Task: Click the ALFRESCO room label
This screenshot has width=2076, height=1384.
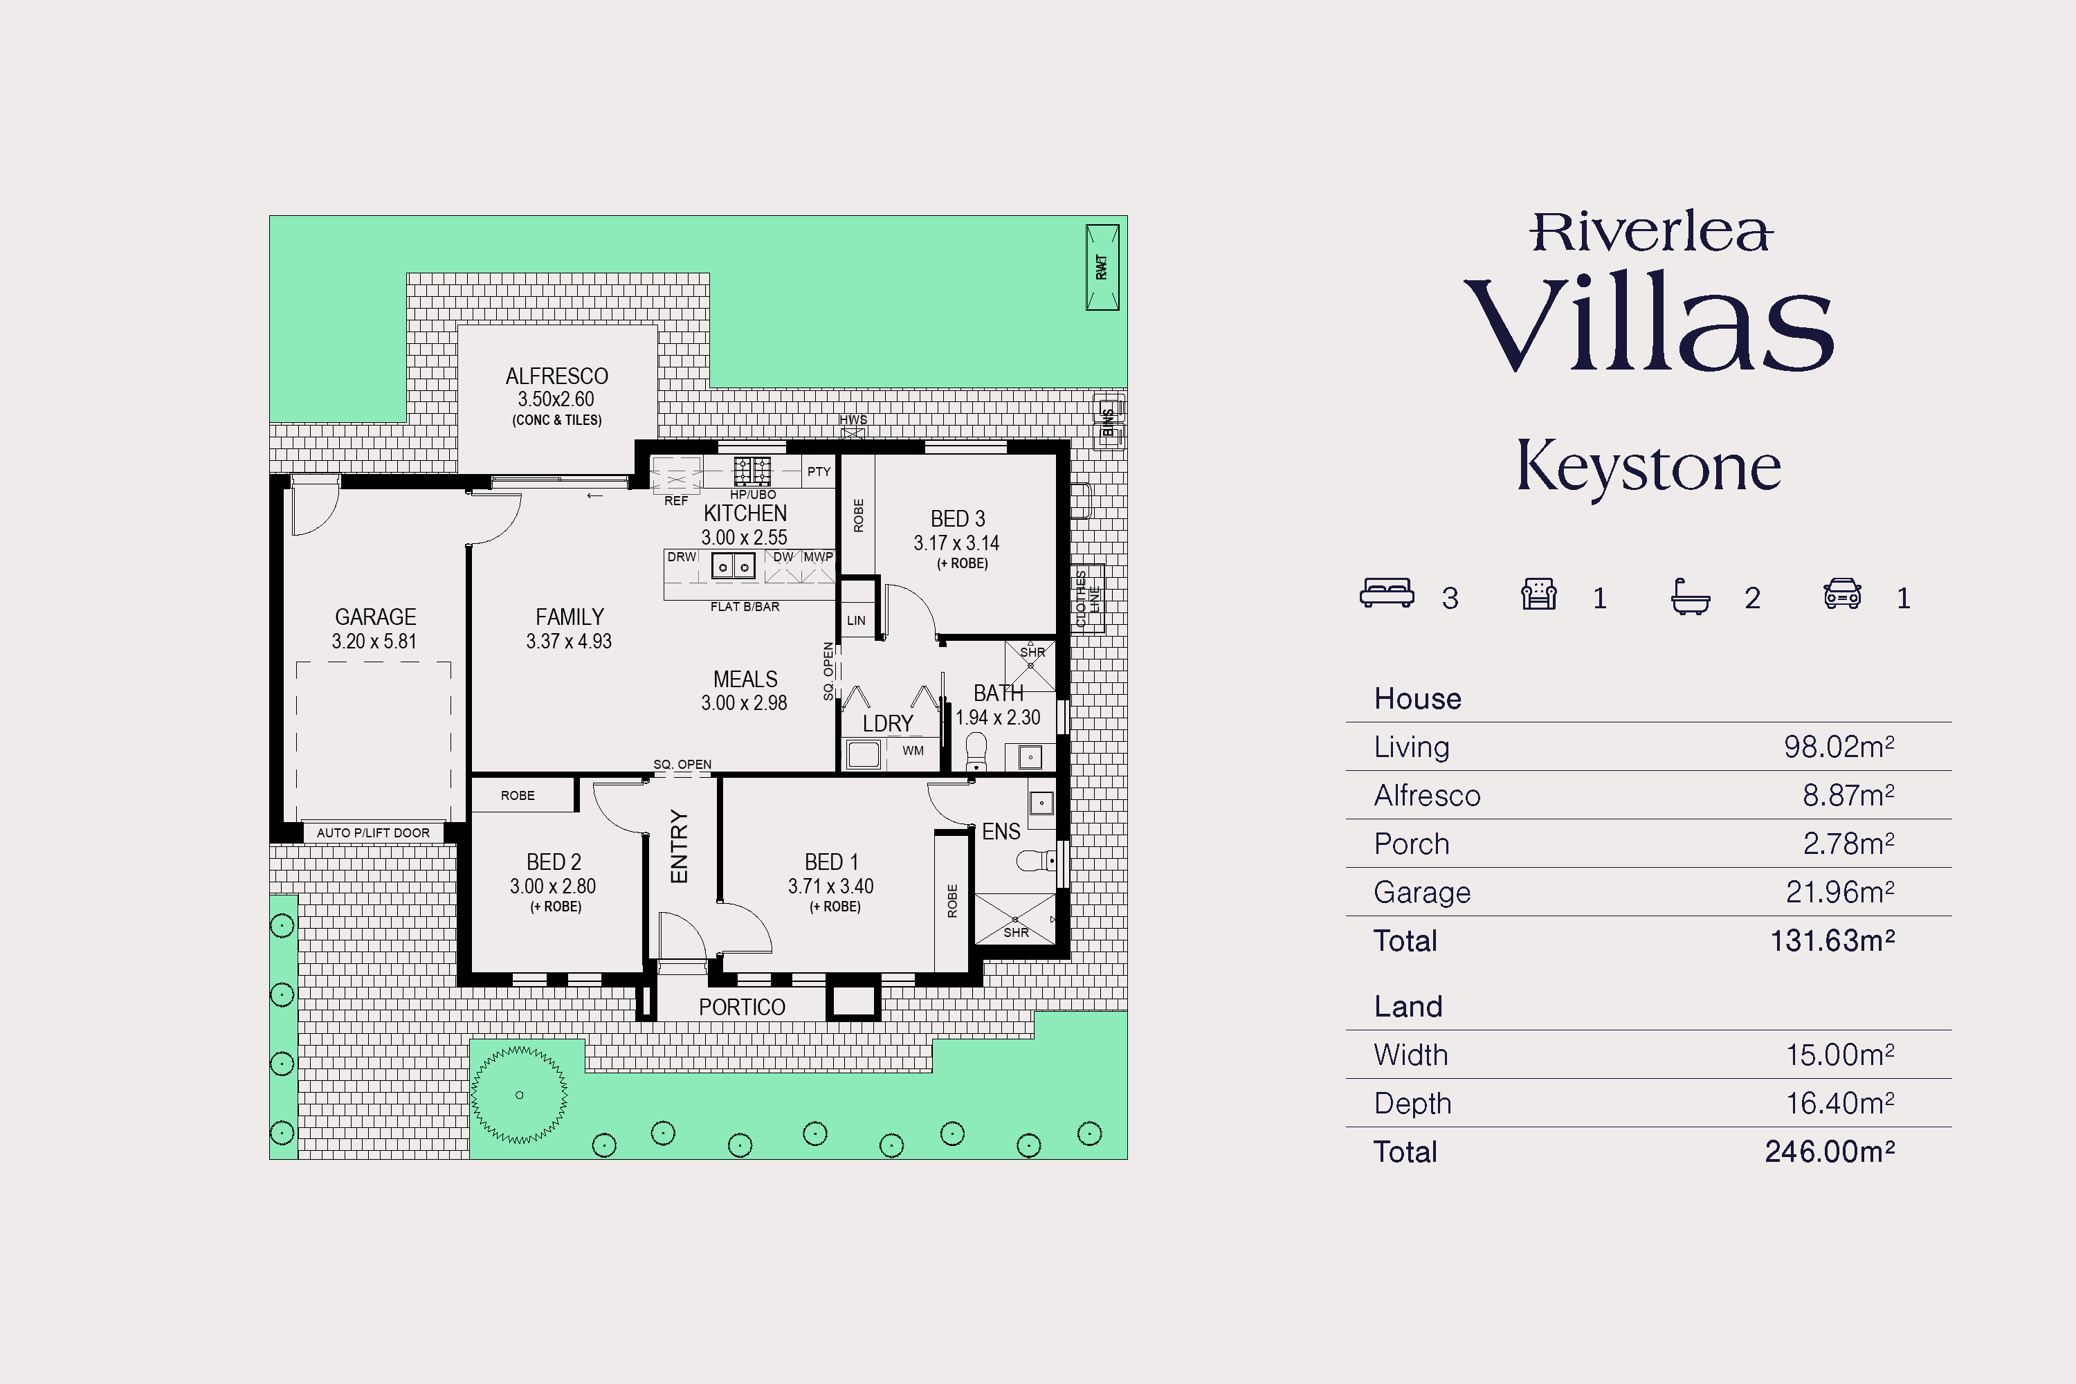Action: point(557,376)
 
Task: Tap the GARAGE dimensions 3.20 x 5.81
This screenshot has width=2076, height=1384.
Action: point(374,641)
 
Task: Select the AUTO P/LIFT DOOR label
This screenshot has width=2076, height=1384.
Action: point(374,832)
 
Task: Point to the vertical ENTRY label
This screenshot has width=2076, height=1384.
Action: point(679,846)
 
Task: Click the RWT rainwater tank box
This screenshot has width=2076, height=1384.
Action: point(1102,267)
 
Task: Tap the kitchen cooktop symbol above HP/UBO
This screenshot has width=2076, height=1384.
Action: point(752,471)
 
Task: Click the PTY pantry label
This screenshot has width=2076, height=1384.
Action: point(819,471)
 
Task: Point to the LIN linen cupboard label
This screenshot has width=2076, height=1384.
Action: point(856,621)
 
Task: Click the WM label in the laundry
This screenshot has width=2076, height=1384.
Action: point(913,750)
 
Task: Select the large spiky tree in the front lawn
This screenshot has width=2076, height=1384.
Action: point(519,1095)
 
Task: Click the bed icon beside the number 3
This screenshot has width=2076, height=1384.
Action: point(1387,593)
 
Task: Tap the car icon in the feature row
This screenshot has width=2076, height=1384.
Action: point(1842,593)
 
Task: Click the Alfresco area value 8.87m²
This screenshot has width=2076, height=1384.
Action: point(1848,795)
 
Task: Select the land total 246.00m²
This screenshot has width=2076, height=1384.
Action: point(1830,1152)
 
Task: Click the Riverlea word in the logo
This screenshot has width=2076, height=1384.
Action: point(1650,231)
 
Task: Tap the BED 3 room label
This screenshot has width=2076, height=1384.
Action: point(958,519)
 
